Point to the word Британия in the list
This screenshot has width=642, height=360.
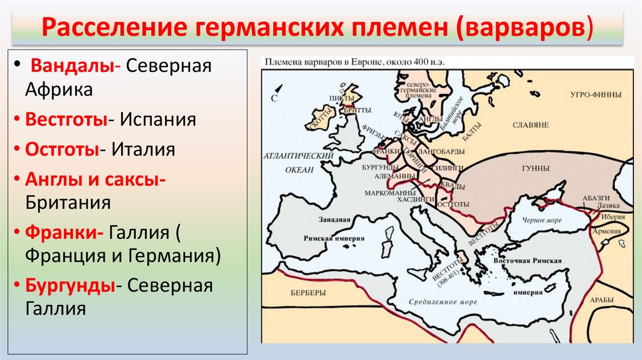point(68,202)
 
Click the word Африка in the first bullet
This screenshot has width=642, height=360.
point(59,89)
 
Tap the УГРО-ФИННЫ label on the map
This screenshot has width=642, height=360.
point(596,95)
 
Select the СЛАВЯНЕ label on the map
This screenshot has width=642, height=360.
point(530,125)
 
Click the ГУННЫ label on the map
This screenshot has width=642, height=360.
point(535,169)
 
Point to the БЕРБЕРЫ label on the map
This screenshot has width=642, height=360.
point(308,293)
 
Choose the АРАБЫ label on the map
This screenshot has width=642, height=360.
point(601,300)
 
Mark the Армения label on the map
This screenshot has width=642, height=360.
point(609,231)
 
